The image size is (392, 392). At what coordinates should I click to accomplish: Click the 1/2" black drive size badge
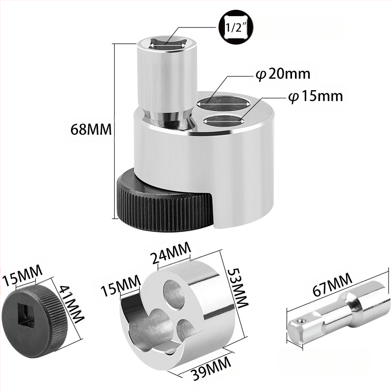236,27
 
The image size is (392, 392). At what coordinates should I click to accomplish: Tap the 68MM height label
91,129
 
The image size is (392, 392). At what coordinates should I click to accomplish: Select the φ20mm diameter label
283,74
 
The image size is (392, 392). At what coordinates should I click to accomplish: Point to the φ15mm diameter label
315,96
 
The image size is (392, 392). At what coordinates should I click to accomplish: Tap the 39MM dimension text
211,367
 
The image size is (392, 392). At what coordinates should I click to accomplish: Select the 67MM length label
332,285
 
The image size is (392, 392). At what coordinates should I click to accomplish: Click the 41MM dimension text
71,304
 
